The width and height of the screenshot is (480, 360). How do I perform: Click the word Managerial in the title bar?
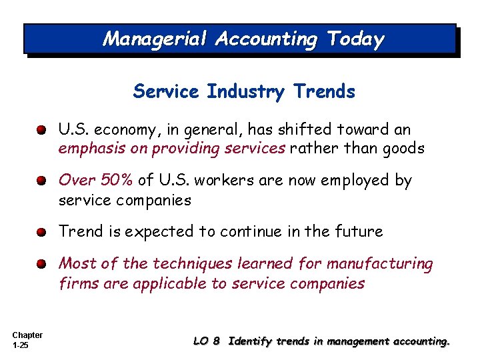[155, 39]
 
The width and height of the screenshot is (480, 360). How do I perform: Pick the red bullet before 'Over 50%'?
[42, 181]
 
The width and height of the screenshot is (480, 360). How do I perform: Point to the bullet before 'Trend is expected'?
[42, 232]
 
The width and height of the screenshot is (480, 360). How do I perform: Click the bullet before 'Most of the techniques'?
[42, 264]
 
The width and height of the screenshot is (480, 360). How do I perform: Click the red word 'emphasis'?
[92, 148]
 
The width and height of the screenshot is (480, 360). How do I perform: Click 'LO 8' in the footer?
[206, 341]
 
